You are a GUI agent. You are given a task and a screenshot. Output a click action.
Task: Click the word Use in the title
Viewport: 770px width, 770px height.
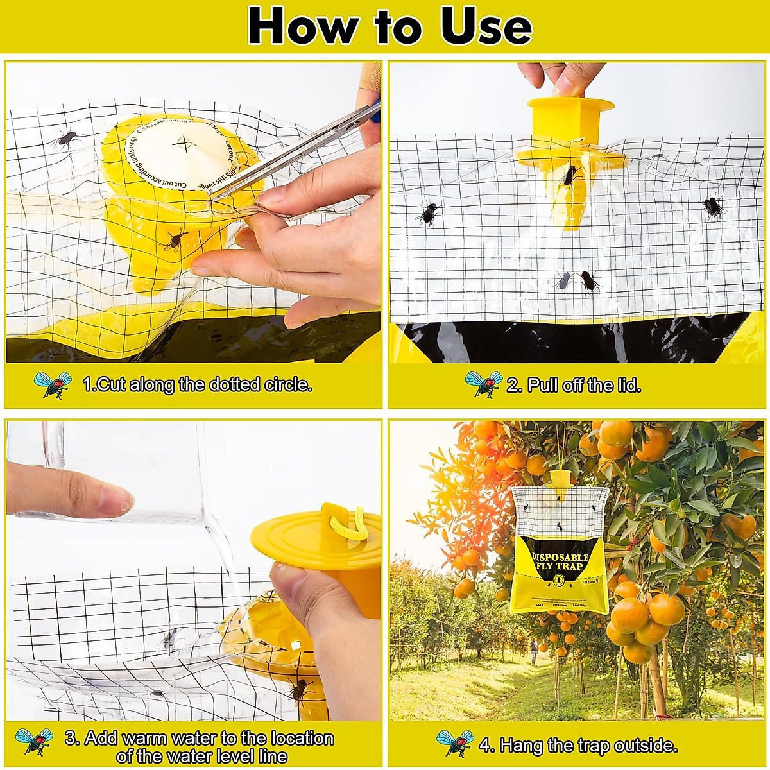click(486, 26)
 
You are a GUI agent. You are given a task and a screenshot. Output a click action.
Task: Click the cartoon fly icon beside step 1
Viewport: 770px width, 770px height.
click(53, 384)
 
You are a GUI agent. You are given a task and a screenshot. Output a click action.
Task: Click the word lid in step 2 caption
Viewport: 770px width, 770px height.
click(627, 385)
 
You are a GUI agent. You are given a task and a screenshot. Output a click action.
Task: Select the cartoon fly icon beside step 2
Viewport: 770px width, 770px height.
click(483, 384)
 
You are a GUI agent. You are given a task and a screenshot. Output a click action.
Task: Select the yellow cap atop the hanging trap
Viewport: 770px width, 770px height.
click(561, 477)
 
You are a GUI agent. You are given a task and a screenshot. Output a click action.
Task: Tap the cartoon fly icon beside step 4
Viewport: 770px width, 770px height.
click(455, 744)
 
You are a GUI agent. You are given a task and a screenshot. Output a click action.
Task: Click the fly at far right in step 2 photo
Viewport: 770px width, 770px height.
click(712, 207)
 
